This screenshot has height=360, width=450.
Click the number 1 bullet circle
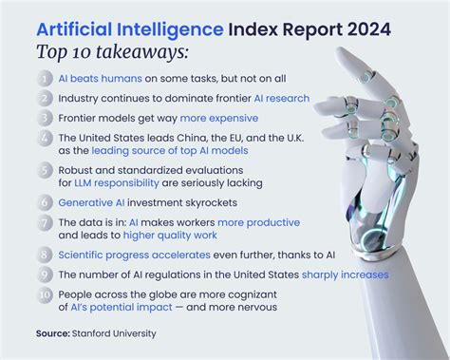point(46,78)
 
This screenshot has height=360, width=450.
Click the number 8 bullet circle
point(46,254)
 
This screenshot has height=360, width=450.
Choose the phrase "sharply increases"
point(345,275)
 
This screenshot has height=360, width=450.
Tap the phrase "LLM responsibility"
point(122,182)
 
